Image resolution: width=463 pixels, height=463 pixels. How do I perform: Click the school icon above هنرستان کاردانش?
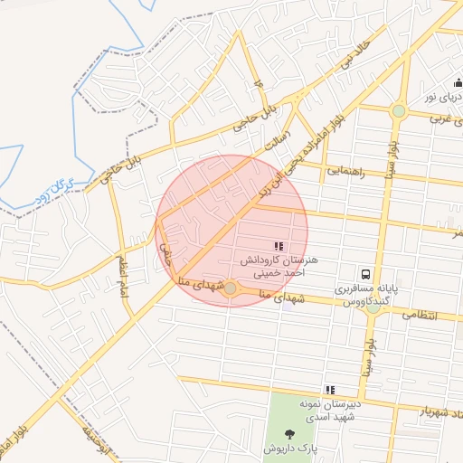pos(278,246)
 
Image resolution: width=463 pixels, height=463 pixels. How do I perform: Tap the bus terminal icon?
pos(365,273)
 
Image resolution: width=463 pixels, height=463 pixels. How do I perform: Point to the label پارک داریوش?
pos(288,449)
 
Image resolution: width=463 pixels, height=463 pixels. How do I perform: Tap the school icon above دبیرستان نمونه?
pos(330,390)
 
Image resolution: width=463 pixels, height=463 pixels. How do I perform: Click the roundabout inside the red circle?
pos(231,288)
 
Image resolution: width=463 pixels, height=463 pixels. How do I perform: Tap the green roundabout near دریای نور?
pos(399,111)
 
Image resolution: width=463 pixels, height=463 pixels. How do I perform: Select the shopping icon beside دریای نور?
pos(458,83)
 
